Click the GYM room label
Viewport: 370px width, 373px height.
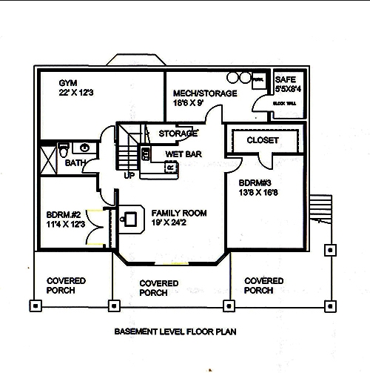point(68,82)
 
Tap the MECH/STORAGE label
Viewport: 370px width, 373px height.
point(205,93)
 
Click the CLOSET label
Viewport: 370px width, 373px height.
point(262,139)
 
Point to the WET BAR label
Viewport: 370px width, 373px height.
point(184,154)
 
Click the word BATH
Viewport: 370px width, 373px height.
point(75,162)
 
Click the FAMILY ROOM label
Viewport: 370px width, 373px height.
point(179,213)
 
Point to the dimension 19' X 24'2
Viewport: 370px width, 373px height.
point(179,222)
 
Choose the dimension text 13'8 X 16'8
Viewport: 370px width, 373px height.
point(259,192)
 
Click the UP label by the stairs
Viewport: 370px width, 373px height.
point(129,176)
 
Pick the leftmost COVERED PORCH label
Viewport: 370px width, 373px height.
point(66,285)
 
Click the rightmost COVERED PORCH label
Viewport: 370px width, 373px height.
point(263,285)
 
